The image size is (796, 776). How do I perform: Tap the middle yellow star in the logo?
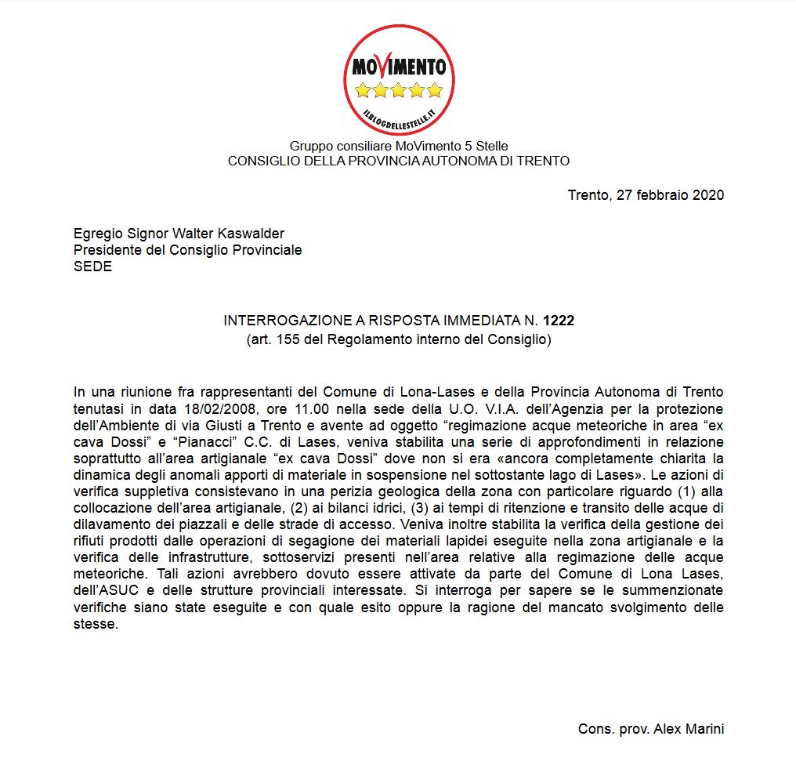[399, 90]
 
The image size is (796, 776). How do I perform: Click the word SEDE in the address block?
[92, 267]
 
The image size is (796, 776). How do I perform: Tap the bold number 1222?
[559, 321]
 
